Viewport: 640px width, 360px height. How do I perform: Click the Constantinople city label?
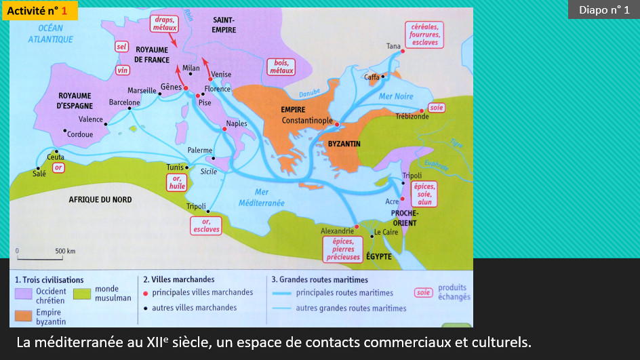tap(307, 121)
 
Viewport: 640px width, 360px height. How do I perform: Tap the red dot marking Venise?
tap(211, 79)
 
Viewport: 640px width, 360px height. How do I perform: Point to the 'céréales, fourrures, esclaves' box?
tap(424, 34)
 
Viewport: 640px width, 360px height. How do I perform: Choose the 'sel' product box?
tap(121, 47)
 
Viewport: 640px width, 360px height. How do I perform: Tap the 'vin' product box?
tap(123, 70)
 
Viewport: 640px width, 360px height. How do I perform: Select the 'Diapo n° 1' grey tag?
tap(603, 9)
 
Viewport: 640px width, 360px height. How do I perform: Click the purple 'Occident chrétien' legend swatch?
tap(24, 293)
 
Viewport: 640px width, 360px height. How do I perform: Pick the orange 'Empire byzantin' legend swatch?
tap(24, 316)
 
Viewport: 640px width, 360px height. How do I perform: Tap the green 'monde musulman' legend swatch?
tap(82, 293)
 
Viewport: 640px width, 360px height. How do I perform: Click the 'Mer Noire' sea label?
tap(395, 96)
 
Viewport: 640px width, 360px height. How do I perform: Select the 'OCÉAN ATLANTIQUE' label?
tap(50, 33)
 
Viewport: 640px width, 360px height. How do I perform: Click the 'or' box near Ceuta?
tap(59, 166)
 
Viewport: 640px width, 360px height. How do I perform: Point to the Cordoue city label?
tap(80, 134)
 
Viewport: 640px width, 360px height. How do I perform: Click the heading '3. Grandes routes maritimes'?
tap(319, 279)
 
